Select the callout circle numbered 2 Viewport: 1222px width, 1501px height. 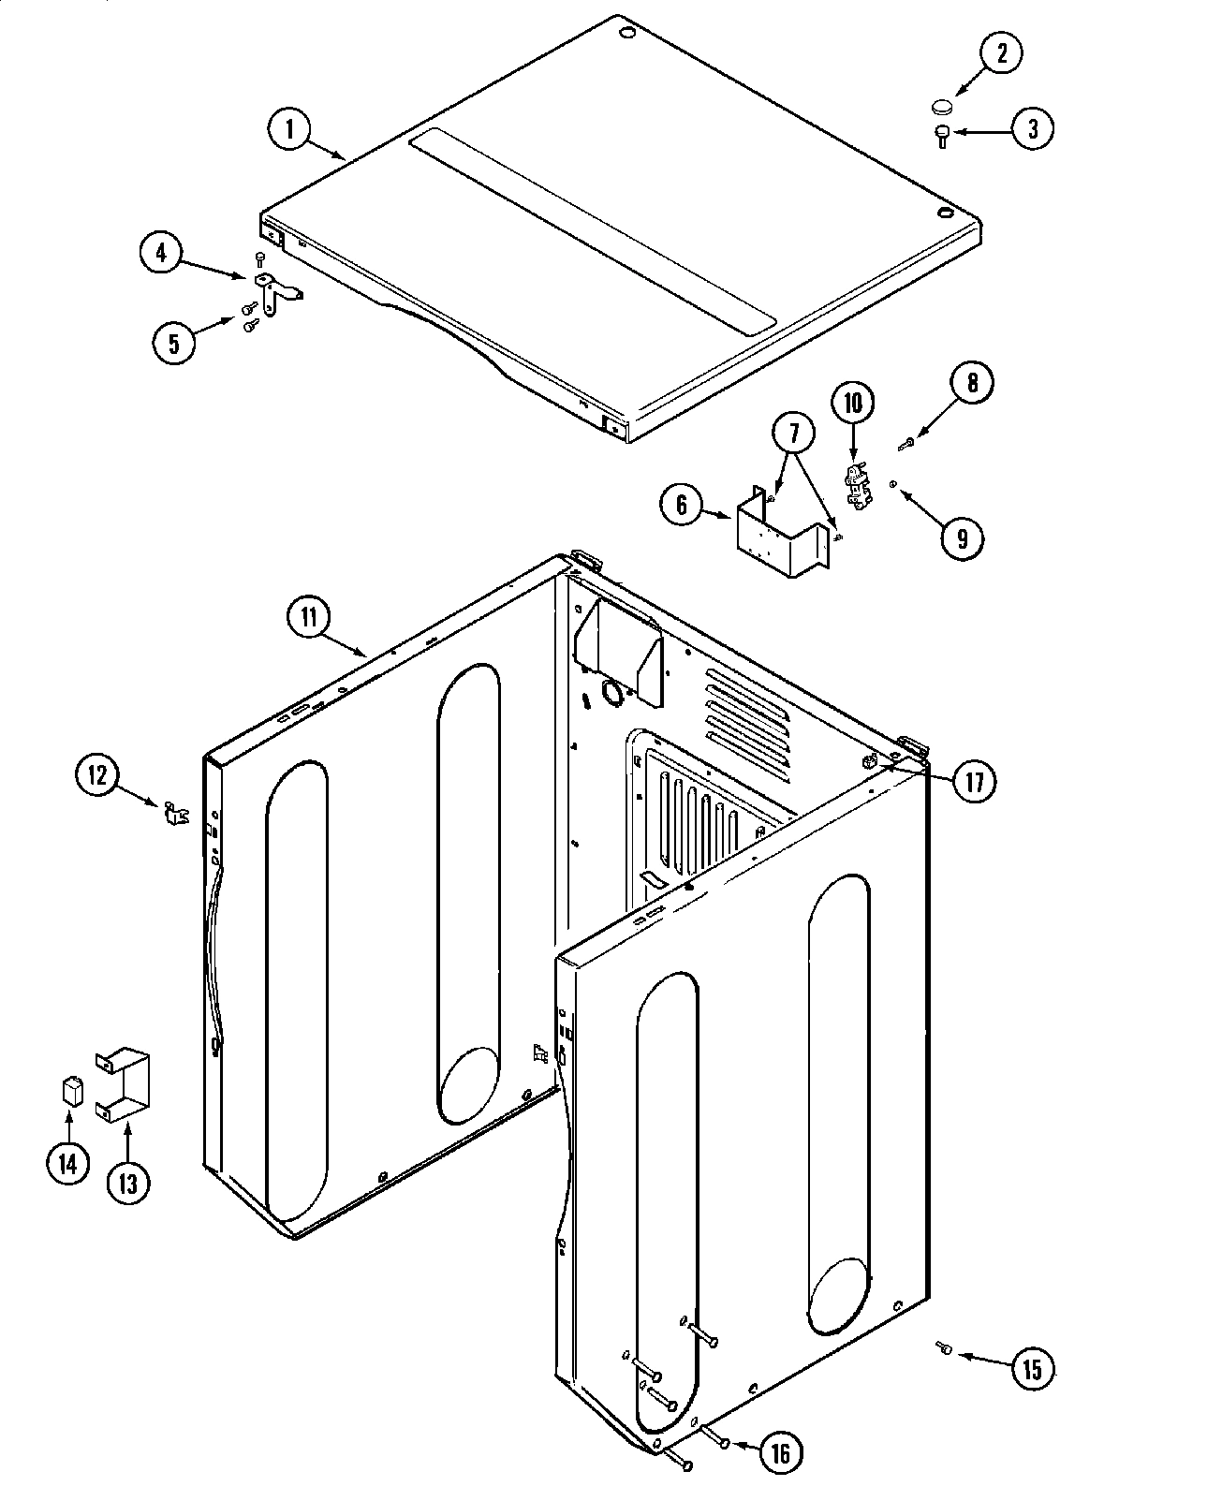pos(1001,53)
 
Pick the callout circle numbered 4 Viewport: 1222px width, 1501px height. pos(162,254)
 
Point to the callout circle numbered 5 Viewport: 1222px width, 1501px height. pos(174,342)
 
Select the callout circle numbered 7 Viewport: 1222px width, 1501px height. pos(794,434)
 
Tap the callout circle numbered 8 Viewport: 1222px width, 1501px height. pos(972,383)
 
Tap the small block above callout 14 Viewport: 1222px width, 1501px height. pos(70,1091)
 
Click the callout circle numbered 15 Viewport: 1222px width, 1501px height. pos(1032,1370)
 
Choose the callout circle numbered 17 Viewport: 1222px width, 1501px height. pos(974,781)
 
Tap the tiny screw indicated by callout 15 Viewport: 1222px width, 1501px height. pos(943,1347)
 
